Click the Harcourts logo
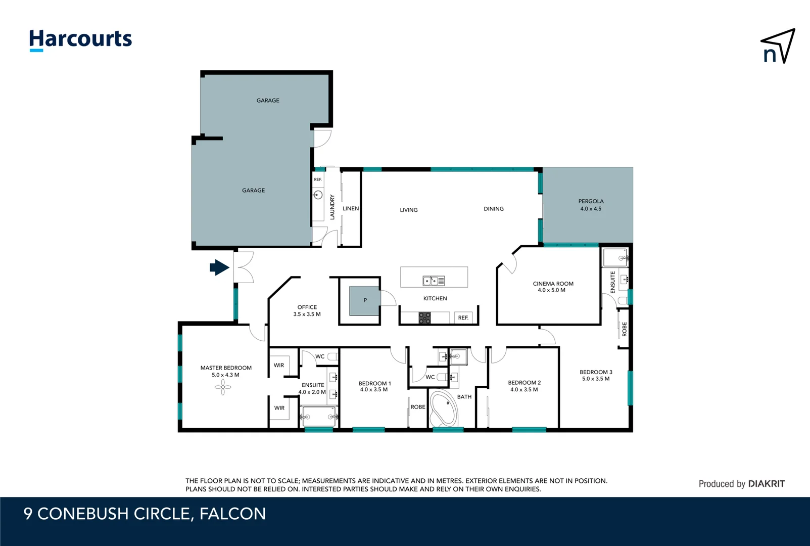(80, 39)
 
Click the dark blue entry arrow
(219, 267)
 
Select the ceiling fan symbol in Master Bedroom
(223, 388)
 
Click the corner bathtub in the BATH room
(443, 408)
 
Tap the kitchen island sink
(434, 280)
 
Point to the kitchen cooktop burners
(424, 318)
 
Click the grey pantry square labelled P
(365, 301)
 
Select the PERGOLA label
(591, 201)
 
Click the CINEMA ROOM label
(553, 284)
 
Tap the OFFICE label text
(307, 307)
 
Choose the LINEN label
(351, 208)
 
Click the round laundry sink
(318, 195)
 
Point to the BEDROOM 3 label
(596, 372)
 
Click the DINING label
(494, 209)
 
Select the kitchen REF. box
(463, 317)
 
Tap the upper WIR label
(279, 365)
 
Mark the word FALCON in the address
(232, 514)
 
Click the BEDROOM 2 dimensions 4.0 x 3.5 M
(524, 389)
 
